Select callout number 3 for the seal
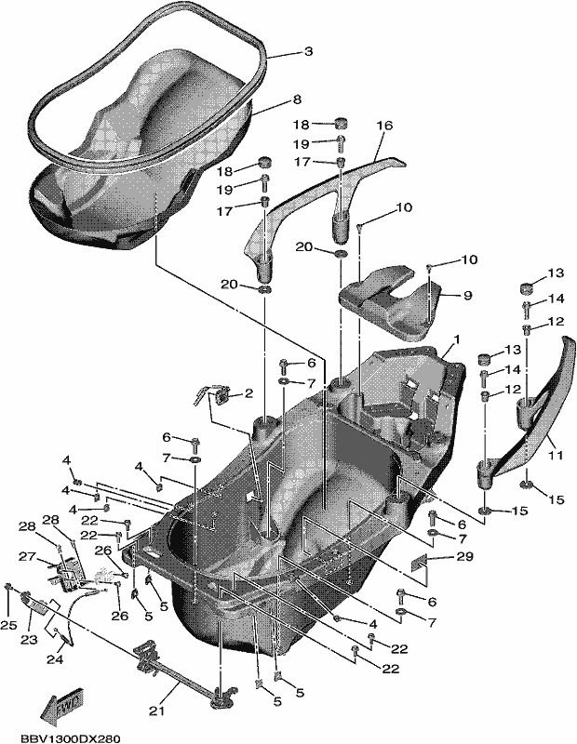[x=309, y=51]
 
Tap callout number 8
[x=297, y=100]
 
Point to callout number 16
[x=384, y=126]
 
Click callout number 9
[x=468, y=295]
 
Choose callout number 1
[x=457, y=339]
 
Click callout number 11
[x=556, y=455]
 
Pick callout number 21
[x=156, y=711]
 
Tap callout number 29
[x=464, y=556]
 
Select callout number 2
[x=248, y=393]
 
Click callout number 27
[x=27, y=555]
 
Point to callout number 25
[x=8, y=626]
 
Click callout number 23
[x=29, y=640]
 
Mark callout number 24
[x=55, y=659]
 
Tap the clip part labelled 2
[x=212, y=394]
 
